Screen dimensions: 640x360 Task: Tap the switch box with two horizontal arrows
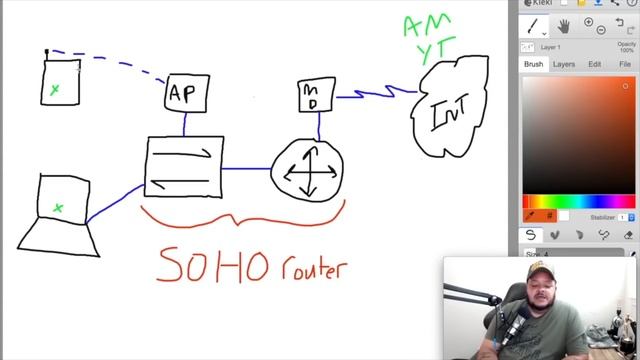(183, 166)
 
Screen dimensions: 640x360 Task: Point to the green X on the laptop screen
(58, 208)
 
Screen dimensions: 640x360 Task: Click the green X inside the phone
(55, 90)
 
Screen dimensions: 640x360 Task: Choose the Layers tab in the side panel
(564, 64)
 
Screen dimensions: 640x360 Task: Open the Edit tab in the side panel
(594, 64)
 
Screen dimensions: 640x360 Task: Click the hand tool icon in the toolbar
(563, 25)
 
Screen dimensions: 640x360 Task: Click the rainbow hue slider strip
(579, 202)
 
